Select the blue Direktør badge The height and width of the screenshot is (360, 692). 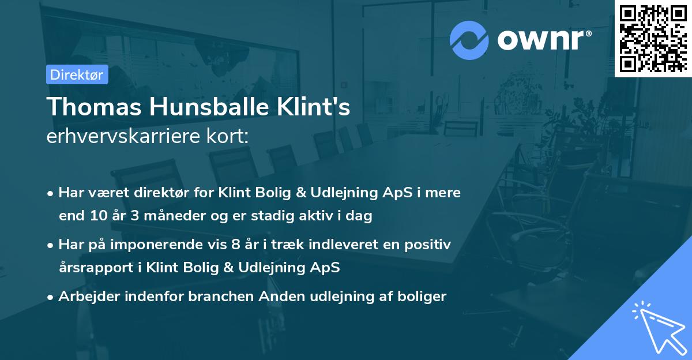click(77, 74)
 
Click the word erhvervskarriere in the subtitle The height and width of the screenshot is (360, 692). click(123, 137)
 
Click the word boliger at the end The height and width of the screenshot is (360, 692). click(424, 297)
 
